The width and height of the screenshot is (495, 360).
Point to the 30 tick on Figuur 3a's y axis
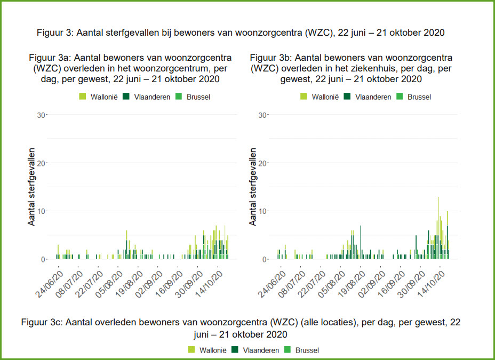pos(41,115)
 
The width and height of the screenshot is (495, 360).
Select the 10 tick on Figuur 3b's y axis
pos(262,211)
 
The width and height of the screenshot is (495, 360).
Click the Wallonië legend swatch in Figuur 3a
pos(83,97)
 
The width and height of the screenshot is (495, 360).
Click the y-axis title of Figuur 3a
pos(32,187)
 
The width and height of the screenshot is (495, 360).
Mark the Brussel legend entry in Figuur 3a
pos(194,97)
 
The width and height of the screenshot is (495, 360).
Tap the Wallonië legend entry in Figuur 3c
pos(207,350)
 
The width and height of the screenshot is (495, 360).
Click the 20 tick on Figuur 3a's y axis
pos(41,163)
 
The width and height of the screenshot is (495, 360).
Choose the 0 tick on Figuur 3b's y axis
pos(264,259)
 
